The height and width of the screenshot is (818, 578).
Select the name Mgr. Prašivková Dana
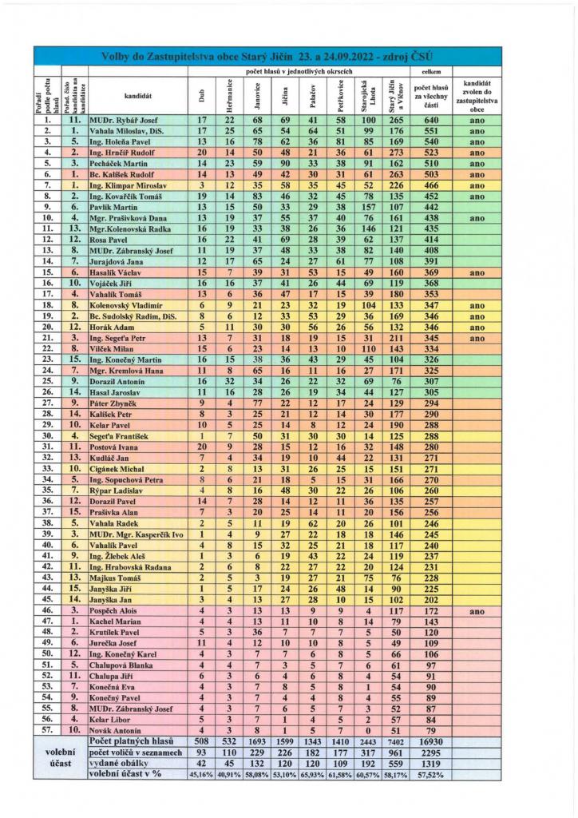tap(128, 217)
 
